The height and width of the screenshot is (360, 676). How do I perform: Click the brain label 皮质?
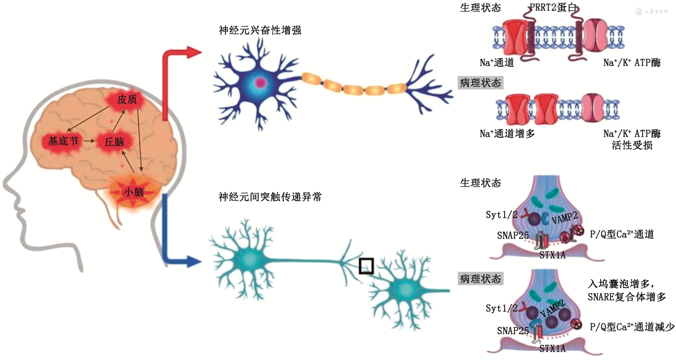127,100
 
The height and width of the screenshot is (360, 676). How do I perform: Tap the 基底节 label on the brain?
63,141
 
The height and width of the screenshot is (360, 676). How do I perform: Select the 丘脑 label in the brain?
114,142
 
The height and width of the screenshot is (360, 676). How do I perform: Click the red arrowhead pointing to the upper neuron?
196,51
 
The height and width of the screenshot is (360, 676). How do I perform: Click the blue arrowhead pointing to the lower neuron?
196,259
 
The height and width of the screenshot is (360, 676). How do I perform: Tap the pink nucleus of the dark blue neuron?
259,83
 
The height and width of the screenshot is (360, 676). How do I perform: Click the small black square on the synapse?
366,266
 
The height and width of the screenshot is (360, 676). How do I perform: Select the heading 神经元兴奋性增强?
260,31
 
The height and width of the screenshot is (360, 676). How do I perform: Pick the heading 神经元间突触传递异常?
270,197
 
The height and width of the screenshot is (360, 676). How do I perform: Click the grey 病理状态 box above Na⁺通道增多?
481,83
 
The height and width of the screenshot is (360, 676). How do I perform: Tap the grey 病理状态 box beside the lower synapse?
481,278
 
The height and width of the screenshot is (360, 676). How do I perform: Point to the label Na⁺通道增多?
507,133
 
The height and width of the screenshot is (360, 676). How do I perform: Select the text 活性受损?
632,146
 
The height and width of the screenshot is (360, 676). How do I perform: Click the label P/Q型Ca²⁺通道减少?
632,328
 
